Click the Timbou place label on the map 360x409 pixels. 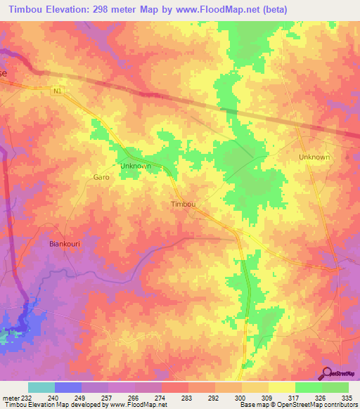coord(183,204)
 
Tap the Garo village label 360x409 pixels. coord(101,178)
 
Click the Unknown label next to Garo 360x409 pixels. coord(136,166)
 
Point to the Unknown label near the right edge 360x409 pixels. coord(314,157)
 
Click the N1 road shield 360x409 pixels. coord(58,89)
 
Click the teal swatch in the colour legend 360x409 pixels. coord(41,387)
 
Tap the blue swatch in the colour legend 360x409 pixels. coord(68,387)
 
